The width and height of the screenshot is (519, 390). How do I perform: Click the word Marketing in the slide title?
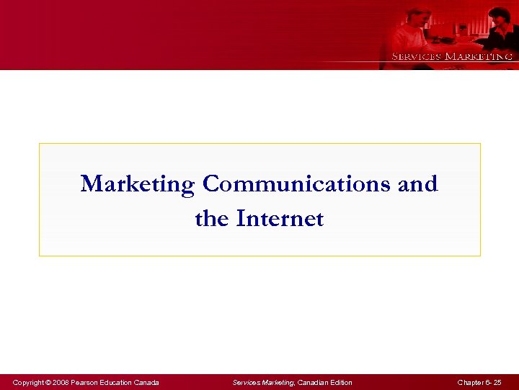coord(138,184)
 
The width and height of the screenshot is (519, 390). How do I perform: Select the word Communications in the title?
coord(297,184)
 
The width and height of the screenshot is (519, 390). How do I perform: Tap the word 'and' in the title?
coord(418,184)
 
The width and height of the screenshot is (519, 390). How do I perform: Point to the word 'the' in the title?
coord(212,218)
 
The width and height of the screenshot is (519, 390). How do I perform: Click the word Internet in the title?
coord(280,218)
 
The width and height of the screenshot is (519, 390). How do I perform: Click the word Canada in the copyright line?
coord(146,382)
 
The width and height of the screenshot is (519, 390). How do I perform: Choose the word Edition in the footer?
coord(341,382)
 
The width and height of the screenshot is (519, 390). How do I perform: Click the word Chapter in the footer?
coord(469,382)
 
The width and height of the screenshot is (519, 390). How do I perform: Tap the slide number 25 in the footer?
coord(497,382)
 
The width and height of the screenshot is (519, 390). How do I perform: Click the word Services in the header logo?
coord(416,56)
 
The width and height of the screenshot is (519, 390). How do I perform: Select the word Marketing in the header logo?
coord(479,56)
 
